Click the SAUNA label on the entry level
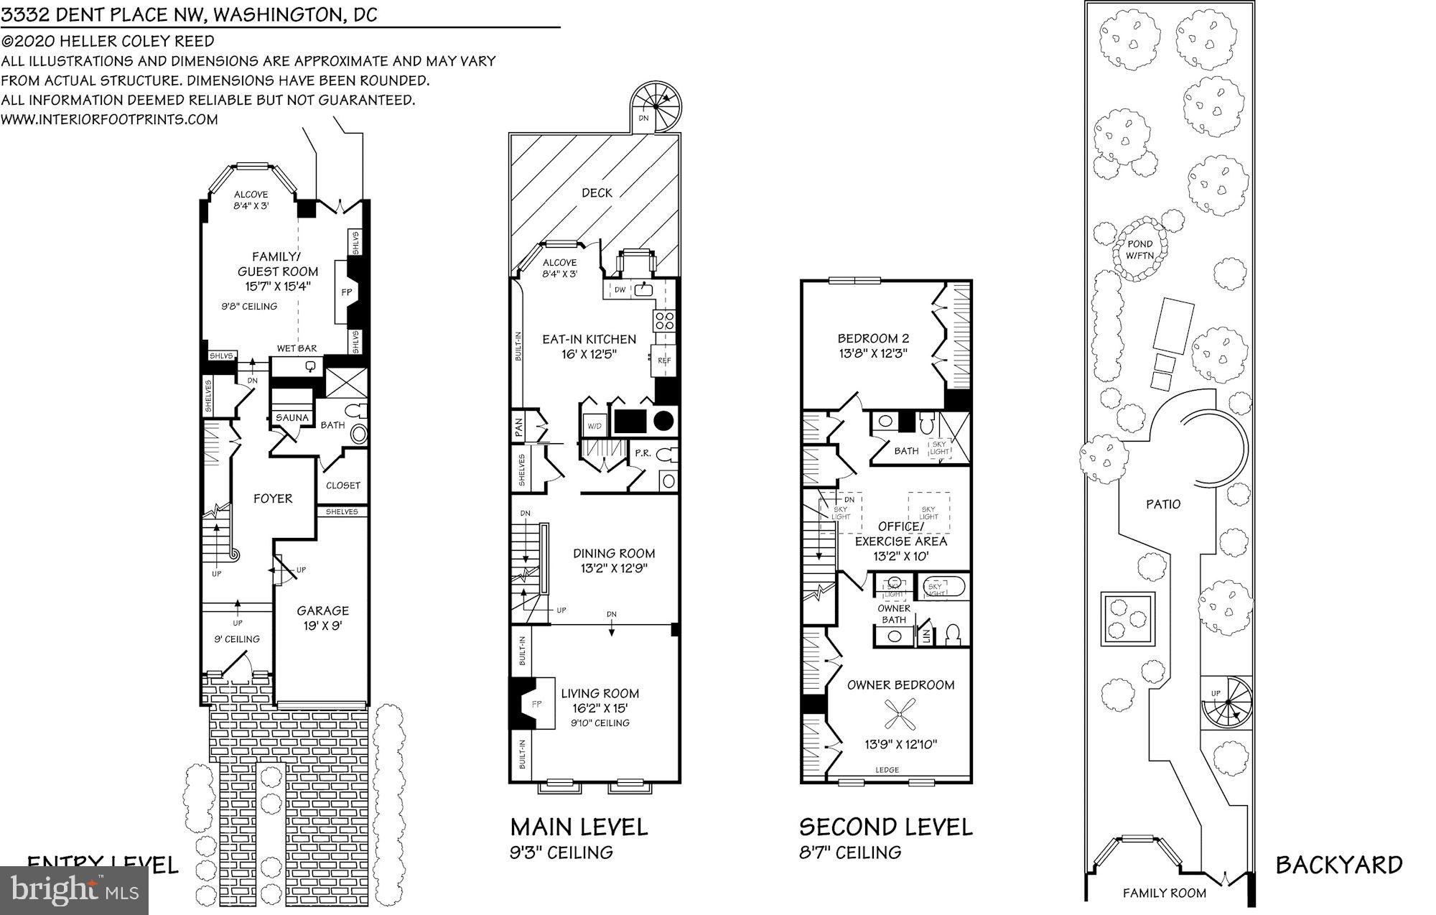coord(292,417)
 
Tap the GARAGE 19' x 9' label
coord(323,618)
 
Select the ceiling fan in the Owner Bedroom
coord(899,715)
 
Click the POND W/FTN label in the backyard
coord(1140,250)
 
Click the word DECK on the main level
coord(597,192)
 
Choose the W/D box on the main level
coord(595,425)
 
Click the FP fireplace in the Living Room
coord(537,705)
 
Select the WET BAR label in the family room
coord(297,348)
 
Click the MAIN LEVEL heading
coord(579,827)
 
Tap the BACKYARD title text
coord(1338,865)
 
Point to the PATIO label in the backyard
coord(1162,504)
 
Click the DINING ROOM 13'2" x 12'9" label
coord(614,560)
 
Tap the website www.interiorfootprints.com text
coord(109,119)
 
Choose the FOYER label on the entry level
coord(273,498)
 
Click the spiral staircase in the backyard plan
coord(1226,703)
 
